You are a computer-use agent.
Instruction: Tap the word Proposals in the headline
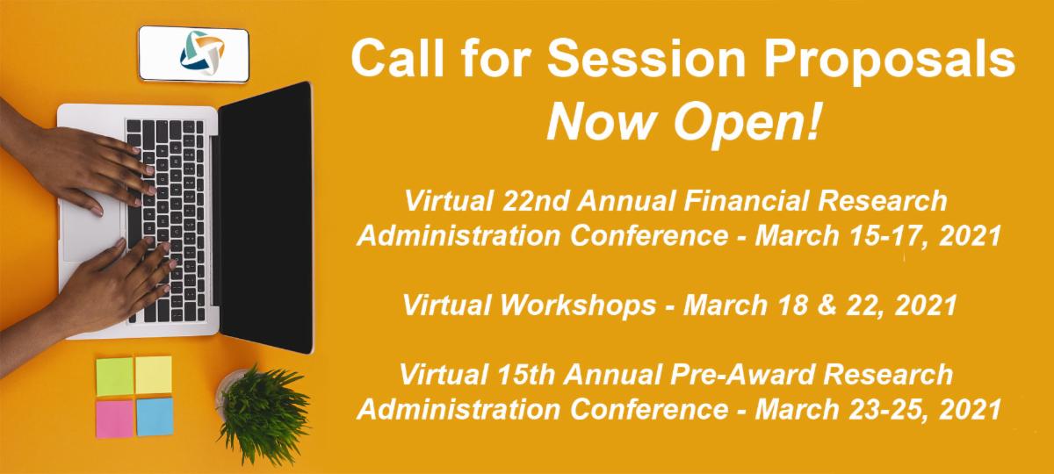[889, 61]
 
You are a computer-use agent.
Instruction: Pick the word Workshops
[578, 305]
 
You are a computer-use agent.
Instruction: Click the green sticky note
[115, 377]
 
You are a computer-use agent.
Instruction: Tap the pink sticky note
[115, 419]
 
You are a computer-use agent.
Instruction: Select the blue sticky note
[155, 417]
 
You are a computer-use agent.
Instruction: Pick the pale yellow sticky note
[154, 375]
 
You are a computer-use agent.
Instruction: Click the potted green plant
[261, 413]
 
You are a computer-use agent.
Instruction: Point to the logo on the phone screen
[202, 53]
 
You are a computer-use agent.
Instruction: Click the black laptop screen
[266, 218]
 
